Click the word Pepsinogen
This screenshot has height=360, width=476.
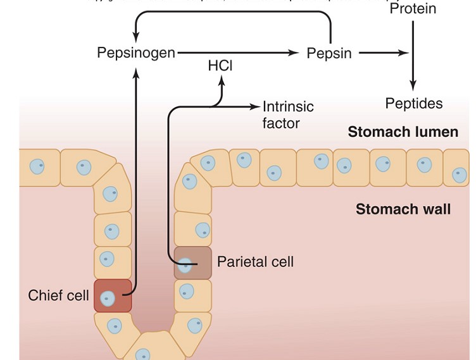tap(136, 53)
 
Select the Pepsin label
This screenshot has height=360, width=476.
tap(329, 53)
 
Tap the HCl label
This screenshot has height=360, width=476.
tap(220, 66)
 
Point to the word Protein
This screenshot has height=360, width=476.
tap(413, 9)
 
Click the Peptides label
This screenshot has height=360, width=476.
tap(414, 104)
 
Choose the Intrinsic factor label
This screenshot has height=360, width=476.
tap(288, 115)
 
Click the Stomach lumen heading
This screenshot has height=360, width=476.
tap(403, 132)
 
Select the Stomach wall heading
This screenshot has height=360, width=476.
tap(403, 209)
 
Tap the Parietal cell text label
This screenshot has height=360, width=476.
tap(255, 261)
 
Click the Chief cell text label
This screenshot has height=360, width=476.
tap(58, 295)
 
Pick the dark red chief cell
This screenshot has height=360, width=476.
tap(113, 295)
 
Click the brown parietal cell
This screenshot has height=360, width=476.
tap(193, 263)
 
